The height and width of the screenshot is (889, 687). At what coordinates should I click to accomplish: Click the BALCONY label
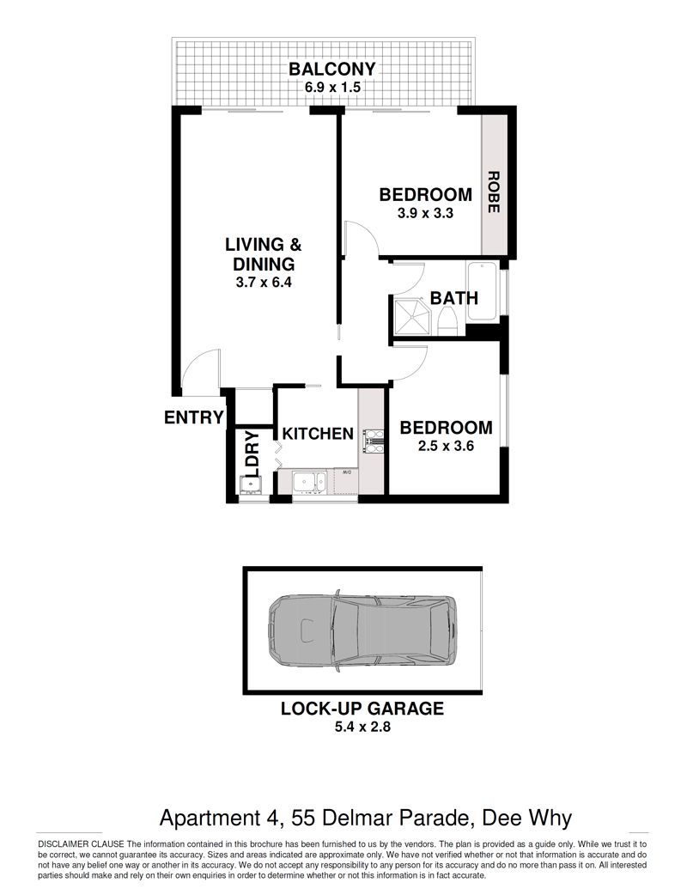pyautogui.click(x=332, y=70)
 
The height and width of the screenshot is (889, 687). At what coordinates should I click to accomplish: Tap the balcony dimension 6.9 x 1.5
pyautogui.click(x=332, y=88)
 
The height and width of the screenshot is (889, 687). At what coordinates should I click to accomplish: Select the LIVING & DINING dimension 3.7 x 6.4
pyautogui.click(x=264, y=282)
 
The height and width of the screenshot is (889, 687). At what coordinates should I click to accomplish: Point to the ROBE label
pyautogui.click(x=493, y=192)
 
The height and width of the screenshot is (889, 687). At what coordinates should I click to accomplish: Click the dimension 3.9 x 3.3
pyautogui.click(x=425, y=213)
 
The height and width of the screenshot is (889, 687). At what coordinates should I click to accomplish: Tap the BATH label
pyautogui.click(x=454, y=298)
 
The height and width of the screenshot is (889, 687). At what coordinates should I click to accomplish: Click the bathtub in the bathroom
pyautogui.click(x=482, y=291)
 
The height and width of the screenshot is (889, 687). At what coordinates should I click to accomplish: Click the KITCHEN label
pyautogui.click(x=318, y=434)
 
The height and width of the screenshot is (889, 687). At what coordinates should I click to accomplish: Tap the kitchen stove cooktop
pyautogui.click(x=374, y=441)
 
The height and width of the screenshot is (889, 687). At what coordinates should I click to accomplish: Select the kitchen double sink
pyautogui.click(x=309, y=483)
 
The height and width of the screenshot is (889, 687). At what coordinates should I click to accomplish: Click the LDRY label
pyautogui.click(x=252, y=454)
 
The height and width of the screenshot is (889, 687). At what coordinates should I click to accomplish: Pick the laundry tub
pyautogui.click(x=251, y=485)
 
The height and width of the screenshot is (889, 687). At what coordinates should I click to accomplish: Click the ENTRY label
pyautogui.click(x=194, y=417)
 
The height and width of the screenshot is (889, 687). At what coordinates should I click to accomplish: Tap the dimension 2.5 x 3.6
pyautogui.click(x=446, y=446)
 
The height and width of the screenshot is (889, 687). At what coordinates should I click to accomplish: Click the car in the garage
pyautogui.click(x=362, y=630)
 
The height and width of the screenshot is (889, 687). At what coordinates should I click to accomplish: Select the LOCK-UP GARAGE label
pyautogui.click(x=362, y=709)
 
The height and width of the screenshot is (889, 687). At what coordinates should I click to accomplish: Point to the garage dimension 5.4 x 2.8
pyautogui.click(x=362, y=727)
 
